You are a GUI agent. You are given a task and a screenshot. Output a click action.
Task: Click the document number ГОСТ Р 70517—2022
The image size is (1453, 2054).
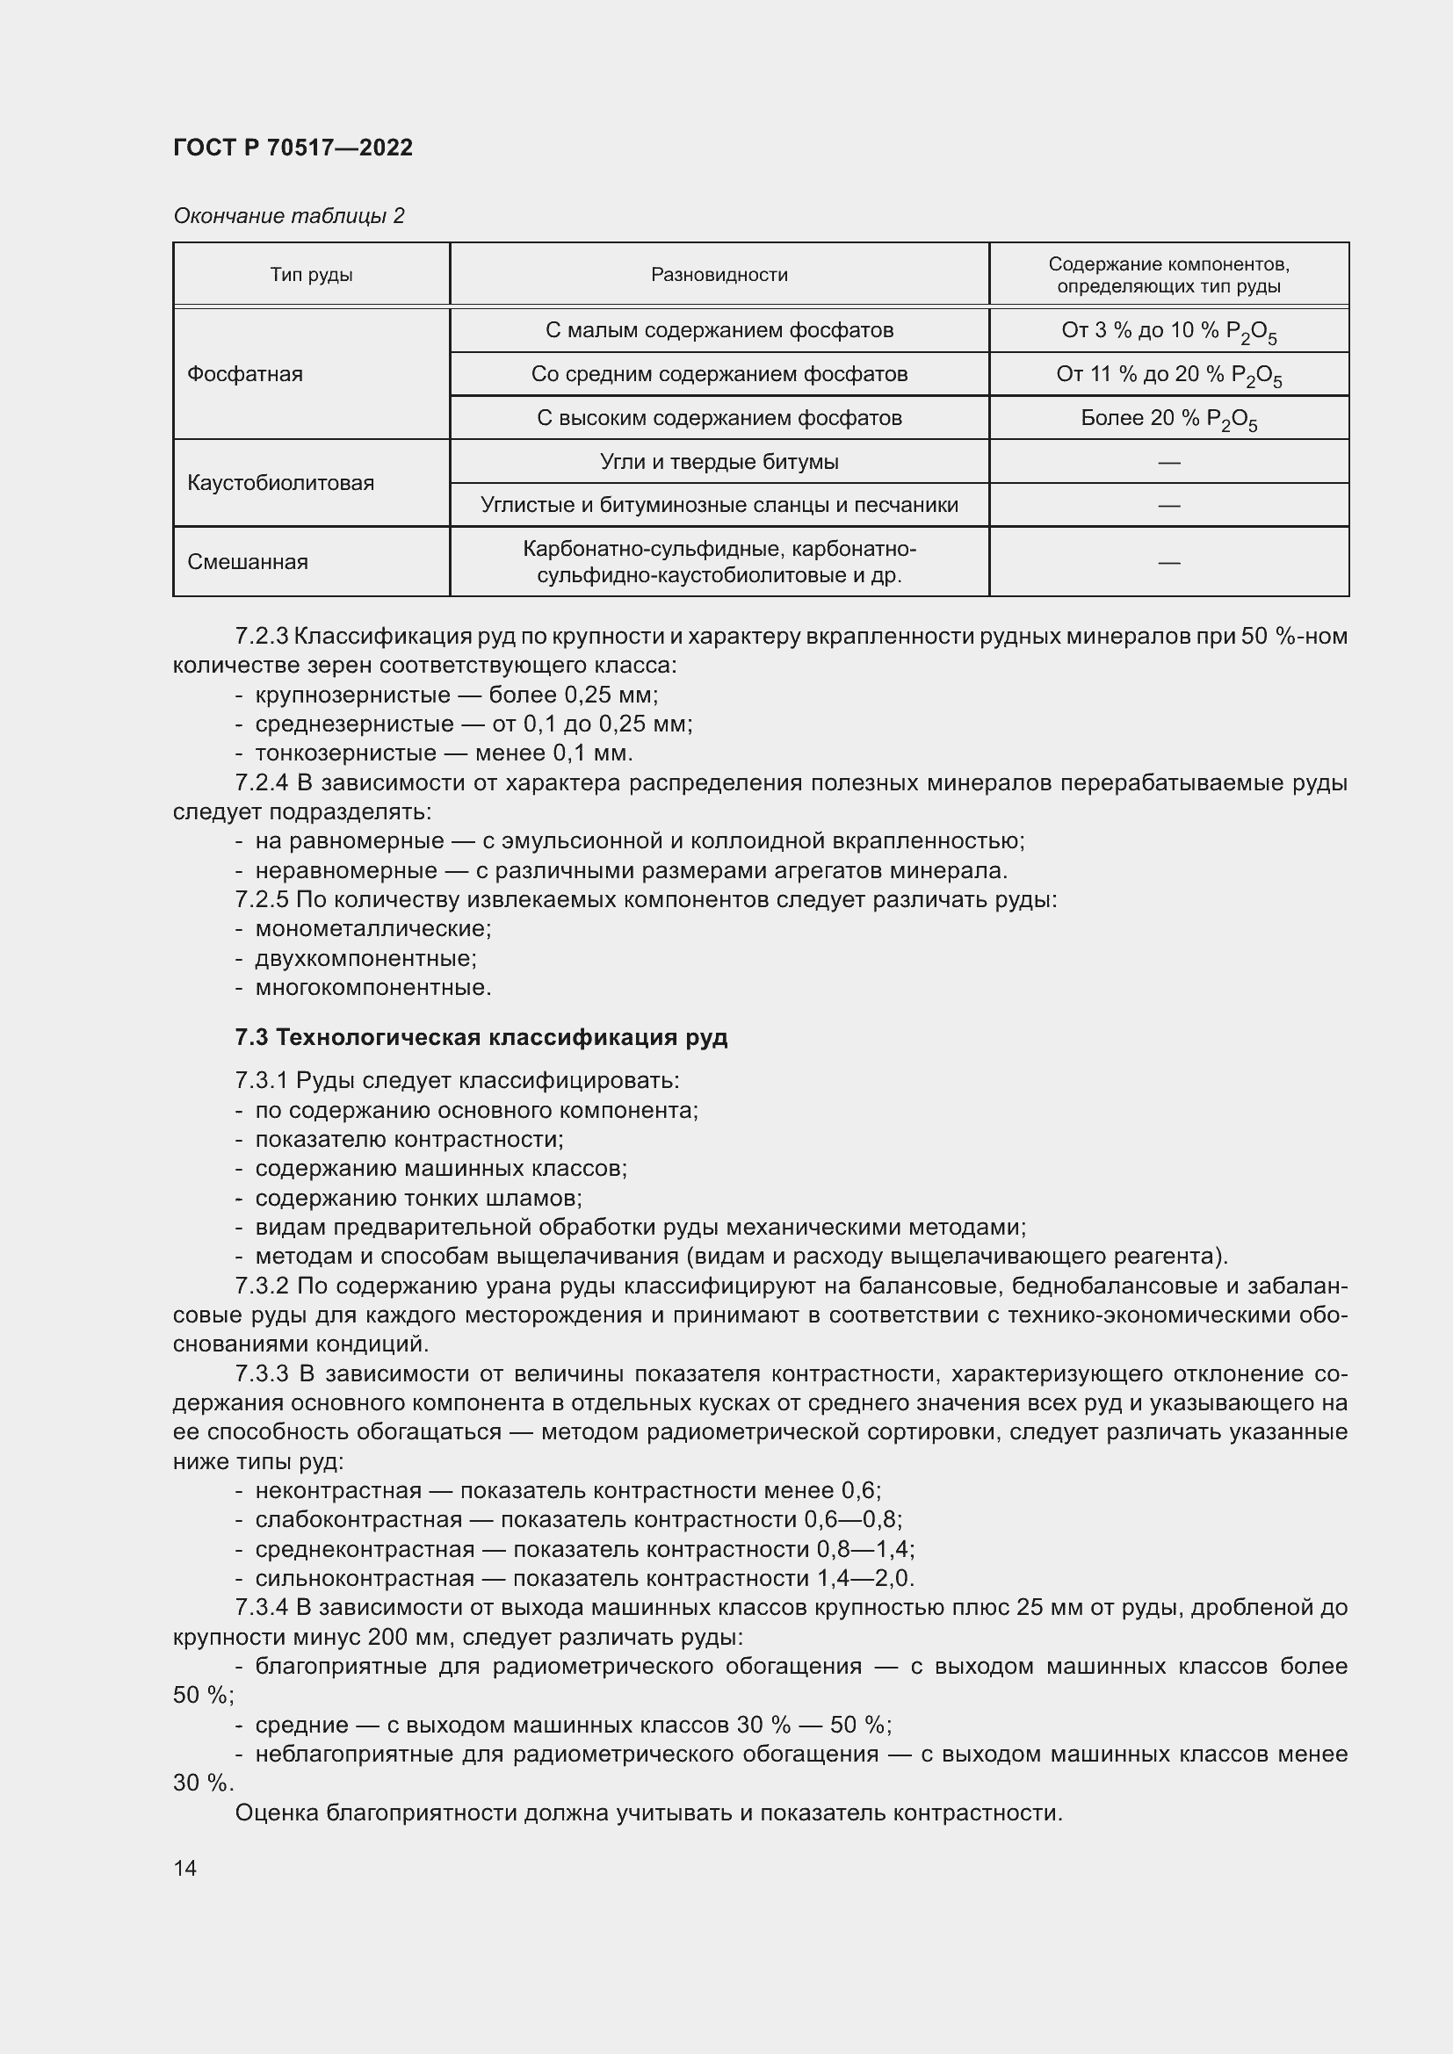point(293,148)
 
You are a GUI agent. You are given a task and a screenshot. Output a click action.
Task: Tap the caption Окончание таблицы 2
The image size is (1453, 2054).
point(288,216)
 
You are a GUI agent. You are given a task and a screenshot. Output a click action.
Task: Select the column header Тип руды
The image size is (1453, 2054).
point(311,275)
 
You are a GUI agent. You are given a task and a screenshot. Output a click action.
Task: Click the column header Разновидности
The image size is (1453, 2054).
point(719,275)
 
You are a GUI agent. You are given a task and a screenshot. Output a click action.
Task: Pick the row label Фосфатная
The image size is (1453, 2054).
point(244,374)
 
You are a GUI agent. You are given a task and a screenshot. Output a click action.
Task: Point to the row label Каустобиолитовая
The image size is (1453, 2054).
point(280,483)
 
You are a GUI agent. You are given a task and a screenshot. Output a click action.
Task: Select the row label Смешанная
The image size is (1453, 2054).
point(247,562)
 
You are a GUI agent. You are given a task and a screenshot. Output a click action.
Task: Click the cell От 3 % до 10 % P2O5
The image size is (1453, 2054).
point(1168,331)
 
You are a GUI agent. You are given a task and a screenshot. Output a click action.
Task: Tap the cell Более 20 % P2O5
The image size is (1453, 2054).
point(1168,419)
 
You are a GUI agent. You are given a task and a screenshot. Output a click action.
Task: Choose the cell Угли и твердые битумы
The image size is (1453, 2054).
point(719,462)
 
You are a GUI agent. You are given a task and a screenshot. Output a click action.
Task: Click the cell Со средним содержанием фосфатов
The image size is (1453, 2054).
point(719,374)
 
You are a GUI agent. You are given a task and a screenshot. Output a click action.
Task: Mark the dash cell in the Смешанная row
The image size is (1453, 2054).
point(1168,562)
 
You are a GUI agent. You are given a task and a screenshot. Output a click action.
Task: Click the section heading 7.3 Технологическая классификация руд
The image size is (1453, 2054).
point(481,1037)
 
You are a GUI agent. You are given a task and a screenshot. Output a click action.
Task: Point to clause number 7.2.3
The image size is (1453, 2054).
point(261,636)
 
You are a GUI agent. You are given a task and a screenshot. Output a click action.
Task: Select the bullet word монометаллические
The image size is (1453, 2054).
point(372,928)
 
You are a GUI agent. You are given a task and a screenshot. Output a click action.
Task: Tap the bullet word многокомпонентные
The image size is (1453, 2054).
point(372,988)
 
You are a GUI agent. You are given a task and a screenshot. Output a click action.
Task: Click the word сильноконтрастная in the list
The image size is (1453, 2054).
point(365,1577)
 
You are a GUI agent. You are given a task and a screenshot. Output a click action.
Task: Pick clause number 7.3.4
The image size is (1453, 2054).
point(261,1607)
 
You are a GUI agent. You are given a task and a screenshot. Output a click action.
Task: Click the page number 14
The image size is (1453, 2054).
point(185,1868)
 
